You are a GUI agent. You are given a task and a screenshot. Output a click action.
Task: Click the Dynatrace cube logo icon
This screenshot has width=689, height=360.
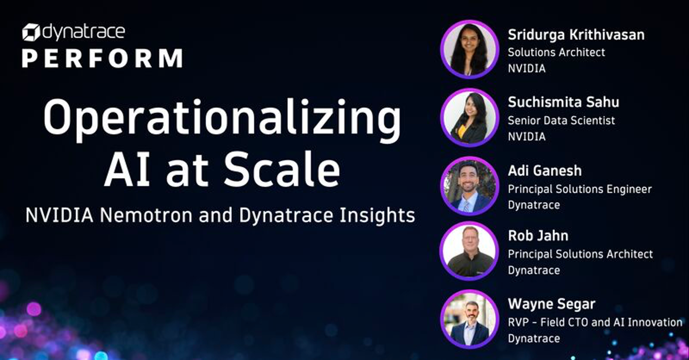pyautogui.click(x=31, y=32)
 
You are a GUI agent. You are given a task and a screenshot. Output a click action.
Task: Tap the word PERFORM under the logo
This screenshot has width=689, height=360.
pyautogui.click(x=103, y=58)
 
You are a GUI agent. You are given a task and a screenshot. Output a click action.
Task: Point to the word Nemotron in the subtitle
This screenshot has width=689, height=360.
pyautogui.click(x=146, y=215)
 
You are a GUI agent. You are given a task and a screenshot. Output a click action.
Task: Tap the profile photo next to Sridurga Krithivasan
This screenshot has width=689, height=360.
pyautogui.click(x=469, y=49)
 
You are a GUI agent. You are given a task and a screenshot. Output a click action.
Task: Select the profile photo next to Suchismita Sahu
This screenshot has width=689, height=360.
pyautogui.click(x=469, y=118)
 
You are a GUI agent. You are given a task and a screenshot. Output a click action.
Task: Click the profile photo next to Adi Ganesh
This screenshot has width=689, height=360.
pyautogui.click(x=469, y=186)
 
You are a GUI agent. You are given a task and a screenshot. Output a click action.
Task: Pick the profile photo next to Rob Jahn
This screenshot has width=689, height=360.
pyautogui.click(x=469, y=251)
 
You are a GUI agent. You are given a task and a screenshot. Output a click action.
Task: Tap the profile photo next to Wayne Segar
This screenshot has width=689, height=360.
pyautogui.click(x=469, y=320)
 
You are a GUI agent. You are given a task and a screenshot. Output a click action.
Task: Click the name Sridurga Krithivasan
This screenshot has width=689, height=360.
pyautogui.click(x=576, y=35)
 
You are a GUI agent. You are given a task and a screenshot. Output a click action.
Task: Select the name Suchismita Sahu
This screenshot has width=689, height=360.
pyautogui.click(x=564, y=102)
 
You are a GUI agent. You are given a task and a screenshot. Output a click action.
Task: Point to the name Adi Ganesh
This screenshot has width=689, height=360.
pyautogui.click(x=545, y=171)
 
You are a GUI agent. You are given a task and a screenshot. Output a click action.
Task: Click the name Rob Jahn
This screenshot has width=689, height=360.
pyautogui.click(x=538, y=236)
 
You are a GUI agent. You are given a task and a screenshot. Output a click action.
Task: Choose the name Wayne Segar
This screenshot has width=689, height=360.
pyautogui.click(x=552, y=304)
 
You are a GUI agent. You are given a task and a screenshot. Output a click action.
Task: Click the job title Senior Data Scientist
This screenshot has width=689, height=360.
pyautogui.click(x=562, y=121)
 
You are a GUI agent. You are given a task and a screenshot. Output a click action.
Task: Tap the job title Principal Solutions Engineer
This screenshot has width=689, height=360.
pyautogui.click(x=580, y=189)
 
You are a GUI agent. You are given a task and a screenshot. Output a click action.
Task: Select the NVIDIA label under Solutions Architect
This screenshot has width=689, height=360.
pyautogui.click(x=527, y=68)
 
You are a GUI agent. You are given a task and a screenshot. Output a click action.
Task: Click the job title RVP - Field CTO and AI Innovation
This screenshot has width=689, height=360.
pyautogui.click(x=595, y=323)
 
